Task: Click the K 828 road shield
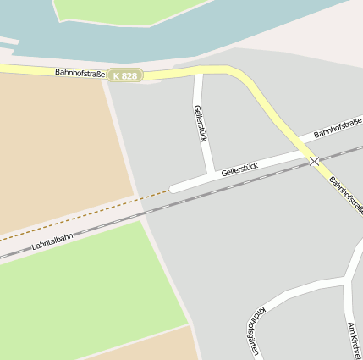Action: (x=124, y=75)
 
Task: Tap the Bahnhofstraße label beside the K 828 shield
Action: (x=80, y=74)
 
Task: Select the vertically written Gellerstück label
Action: (x=201, y=124)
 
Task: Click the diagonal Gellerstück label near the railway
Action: (x=239, y=167)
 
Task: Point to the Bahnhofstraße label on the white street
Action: (x=337, y=129)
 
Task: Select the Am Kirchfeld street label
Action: (x=354, y=339)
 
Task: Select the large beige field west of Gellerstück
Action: (x=59, y=144)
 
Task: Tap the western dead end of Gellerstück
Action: (x=173, y=188)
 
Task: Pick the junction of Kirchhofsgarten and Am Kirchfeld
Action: (x=347, y=280)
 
